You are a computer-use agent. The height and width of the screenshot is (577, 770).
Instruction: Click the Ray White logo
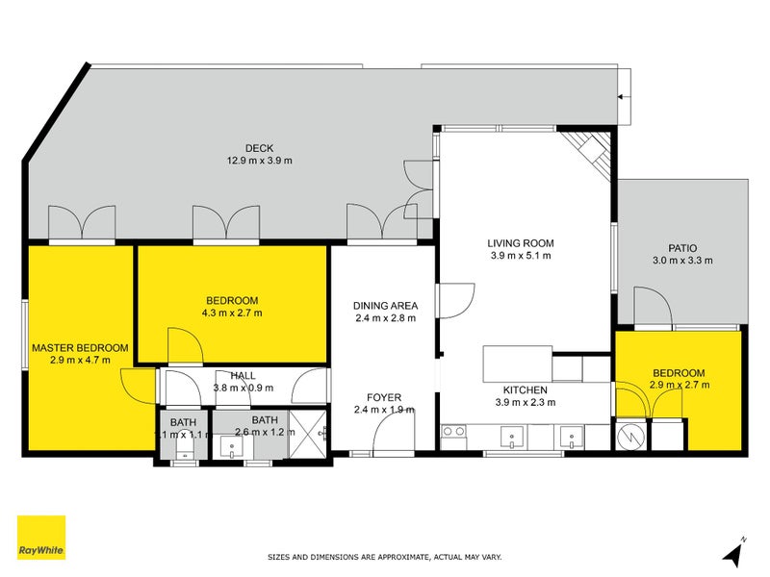(41, 538)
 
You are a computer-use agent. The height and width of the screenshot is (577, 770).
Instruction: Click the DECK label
(259, 148)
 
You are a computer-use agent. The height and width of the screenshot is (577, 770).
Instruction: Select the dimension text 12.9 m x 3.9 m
(259, 161)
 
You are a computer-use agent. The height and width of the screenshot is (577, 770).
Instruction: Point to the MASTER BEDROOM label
(80, 348)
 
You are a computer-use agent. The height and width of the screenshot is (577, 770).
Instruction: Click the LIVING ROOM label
(521, 243)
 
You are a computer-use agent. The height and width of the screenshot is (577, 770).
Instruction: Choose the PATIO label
(682, 248)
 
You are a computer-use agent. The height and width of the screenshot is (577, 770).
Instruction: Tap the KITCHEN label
(525, 390)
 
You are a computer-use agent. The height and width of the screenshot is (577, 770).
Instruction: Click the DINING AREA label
(386, 306)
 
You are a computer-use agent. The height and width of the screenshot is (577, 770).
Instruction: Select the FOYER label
(384, 397)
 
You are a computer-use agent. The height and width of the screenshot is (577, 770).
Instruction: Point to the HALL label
(244, 376)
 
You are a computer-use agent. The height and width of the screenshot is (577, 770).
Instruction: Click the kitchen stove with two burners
(453, 437)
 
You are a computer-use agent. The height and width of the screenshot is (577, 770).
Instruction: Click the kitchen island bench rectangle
(517, 364)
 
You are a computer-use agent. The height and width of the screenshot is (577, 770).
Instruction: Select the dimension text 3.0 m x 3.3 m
(682, 261)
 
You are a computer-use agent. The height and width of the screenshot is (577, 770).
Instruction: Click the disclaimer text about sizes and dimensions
(384, 557)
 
